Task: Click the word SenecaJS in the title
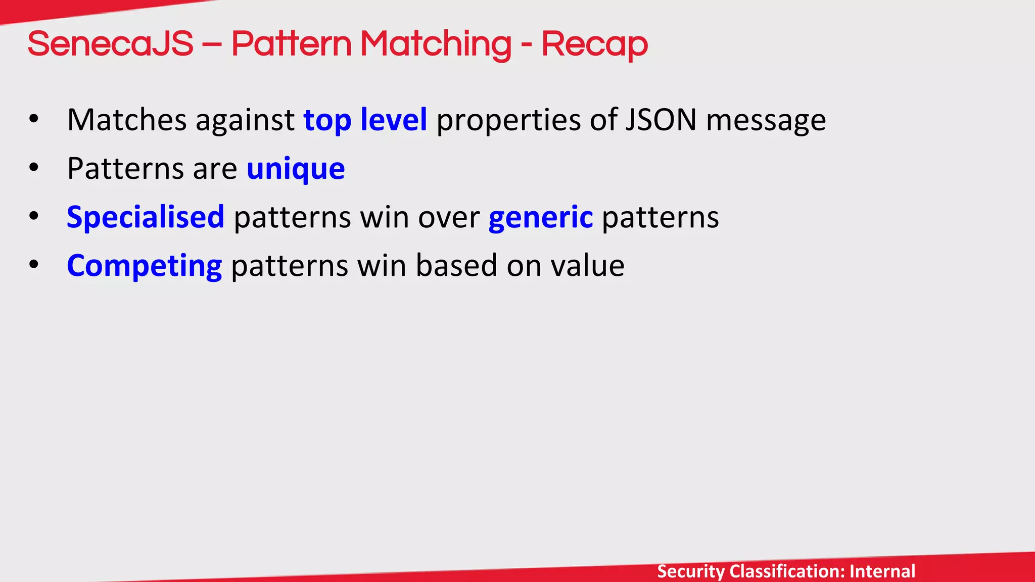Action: [110, 44]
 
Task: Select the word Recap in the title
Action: [594, 44]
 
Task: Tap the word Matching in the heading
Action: [436, 44]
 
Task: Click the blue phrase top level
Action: [365, 120]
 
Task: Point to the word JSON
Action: [661, 120]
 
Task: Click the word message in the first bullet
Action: [766, 120]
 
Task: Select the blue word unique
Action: [296, 169]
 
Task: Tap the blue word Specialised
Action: [146, 217]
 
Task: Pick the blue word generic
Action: [541, 217]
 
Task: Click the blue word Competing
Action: [144, 266]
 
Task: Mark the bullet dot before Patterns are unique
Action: [34, 168]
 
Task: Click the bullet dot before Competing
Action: [34, 265]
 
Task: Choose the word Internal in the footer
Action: [882, 571]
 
